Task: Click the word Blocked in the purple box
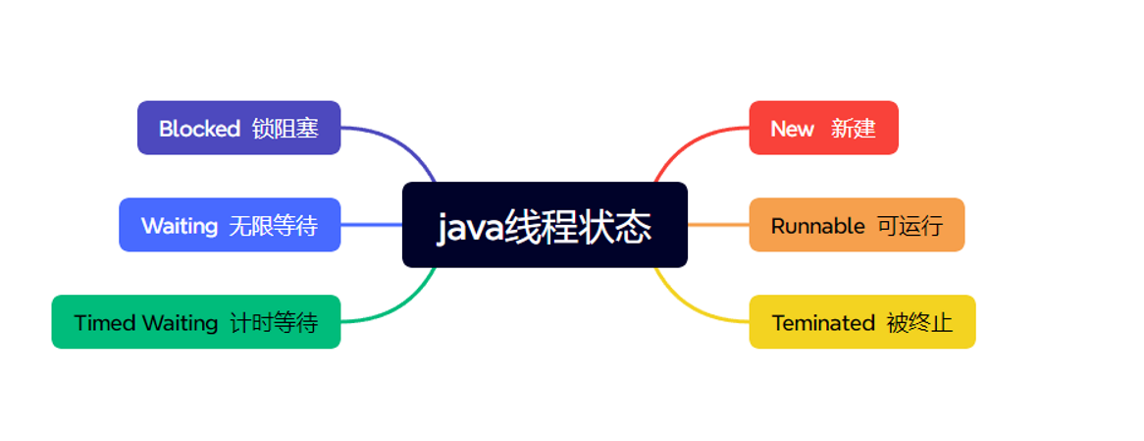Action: click(x=199, y=129)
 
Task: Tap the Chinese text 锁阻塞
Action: click(x=285, y=129)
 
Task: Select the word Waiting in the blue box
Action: click(x=179, y=226)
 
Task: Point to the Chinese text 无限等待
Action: click(x=273, y=226)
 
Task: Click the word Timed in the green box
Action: click(x=104, y=323)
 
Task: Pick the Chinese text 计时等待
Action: click(x=274, y=323)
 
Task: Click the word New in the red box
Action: click(x=792, y=129)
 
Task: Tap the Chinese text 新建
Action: click(x=853, y=129)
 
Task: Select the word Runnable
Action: click(x=817, y=226)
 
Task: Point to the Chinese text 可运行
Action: click(x=910, y=226)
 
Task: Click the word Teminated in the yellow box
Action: click(x=822, y=323)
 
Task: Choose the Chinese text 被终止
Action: click(x=919, y=323)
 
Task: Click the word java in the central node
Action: click(x=469, y=228)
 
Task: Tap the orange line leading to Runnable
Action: click(x=718, y=225)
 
